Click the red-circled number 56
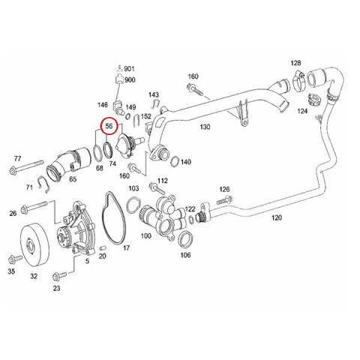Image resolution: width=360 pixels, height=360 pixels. pos(109,126)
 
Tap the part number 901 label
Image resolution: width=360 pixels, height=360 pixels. pos(129,68)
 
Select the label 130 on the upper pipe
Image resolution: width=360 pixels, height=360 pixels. pos(205,127)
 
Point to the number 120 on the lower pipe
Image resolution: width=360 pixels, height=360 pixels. pos(277,217)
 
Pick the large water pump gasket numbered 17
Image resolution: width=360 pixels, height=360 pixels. pos(113,217)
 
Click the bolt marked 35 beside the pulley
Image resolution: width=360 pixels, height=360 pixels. pos(14,259)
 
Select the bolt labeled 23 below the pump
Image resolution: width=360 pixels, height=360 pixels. pos(59,276)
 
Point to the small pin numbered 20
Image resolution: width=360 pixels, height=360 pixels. pos(103,247)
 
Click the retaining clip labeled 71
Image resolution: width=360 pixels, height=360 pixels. pos(43,184)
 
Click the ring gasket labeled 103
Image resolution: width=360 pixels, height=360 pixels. pos(133,205)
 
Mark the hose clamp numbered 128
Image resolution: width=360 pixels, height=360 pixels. pos(298,80)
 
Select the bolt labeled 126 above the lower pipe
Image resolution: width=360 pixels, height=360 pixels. pos(224,200)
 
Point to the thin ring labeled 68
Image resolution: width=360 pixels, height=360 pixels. pos(97,152)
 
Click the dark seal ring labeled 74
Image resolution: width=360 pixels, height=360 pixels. pos(108,150)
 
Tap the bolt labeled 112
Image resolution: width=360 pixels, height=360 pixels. pos(157,189)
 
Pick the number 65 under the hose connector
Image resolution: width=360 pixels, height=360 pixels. pos(73,179)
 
